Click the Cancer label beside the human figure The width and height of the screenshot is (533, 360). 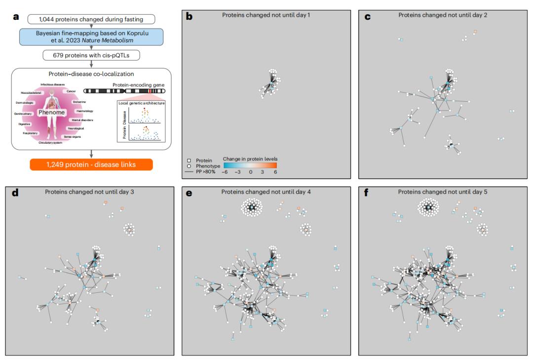point(71,91)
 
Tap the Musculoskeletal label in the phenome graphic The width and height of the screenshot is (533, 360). point(32,92)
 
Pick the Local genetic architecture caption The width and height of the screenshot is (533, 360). point(141,103)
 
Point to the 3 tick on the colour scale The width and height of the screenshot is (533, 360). point(263,172)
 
